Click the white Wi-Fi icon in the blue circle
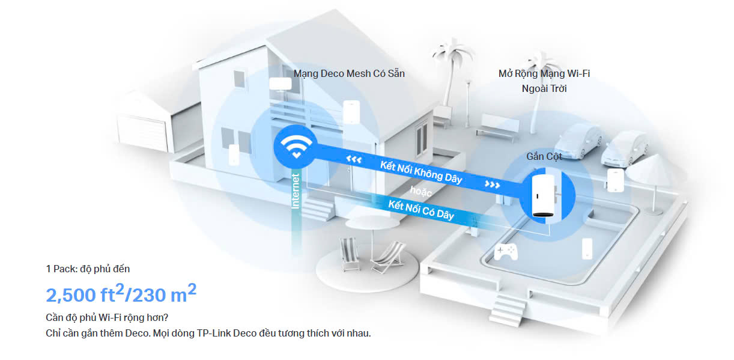(x=296, y=146)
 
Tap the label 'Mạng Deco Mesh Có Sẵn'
(x=349, y=73)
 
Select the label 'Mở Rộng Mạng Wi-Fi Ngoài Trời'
(x=544, y=81)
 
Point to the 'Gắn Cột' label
(x=544, y=156)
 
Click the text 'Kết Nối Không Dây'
(x=421, y=172)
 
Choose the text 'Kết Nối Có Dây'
(x=421, y=210)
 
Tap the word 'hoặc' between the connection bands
(x=420, y=191)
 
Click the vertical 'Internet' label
(x=296, y=191)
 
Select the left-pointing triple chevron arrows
(x=354, y=159)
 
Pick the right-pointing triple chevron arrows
(x=492, y=185)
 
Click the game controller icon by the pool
(x=506, y=251)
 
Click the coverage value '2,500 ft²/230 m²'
(x=121, y=293)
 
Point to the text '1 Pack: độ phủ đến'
(x=88, y=269)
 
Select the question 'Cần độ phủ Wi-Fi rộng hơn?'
(x=107, y=317)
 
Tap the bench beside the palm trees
(x=497, y=128)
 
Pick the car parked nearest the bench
(x=578, y=141)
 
